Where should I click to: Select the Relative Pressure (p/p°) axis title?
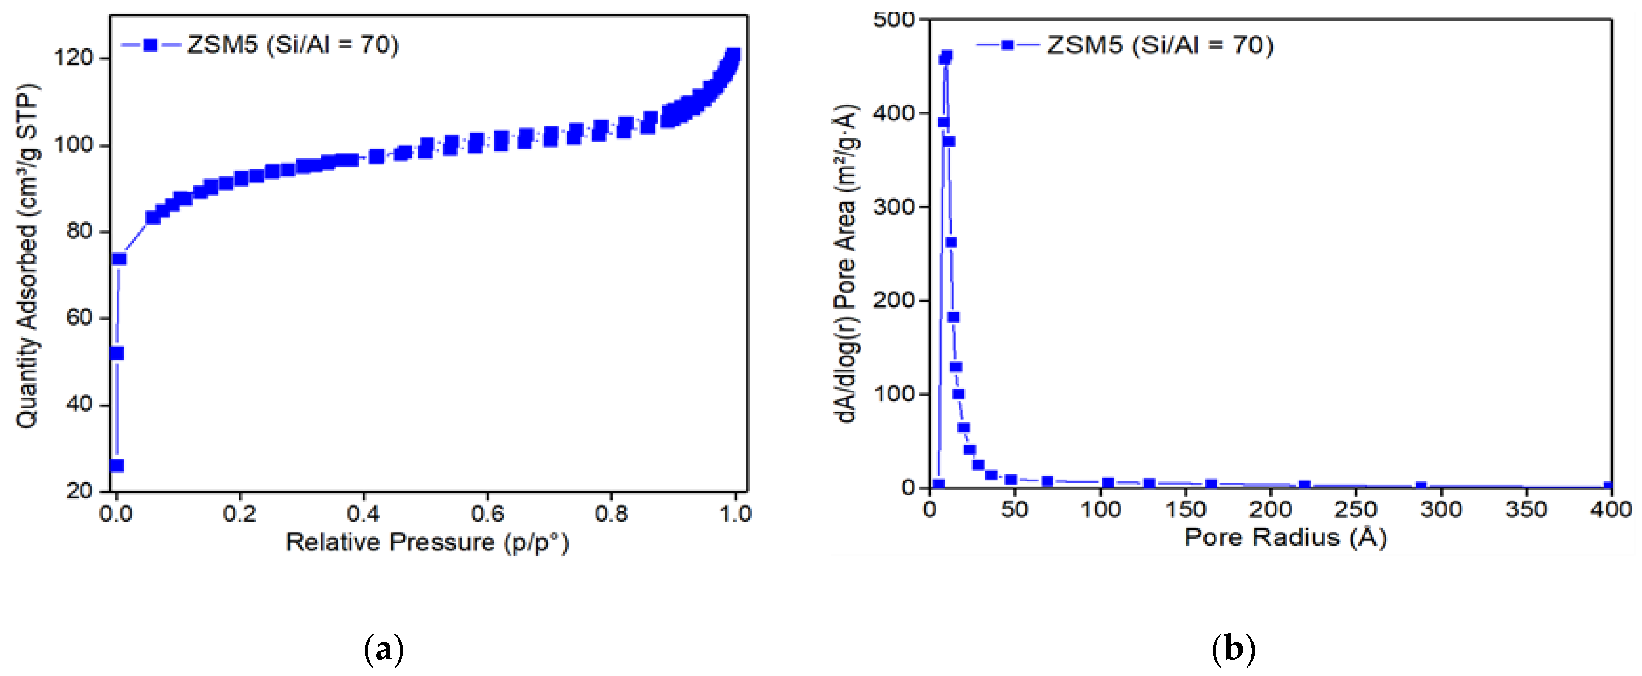426,543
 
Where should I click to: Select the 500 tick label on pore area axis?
893,20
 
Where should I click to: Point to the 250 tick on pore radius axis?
1355,510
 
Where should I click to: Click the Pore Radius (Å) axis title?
1285,538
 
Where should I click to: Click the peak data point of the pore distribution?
946,57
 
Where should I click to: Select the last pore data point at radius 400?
1609,487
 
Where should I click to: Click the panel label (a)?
384,650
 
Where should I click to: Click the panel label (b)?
1233,650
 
